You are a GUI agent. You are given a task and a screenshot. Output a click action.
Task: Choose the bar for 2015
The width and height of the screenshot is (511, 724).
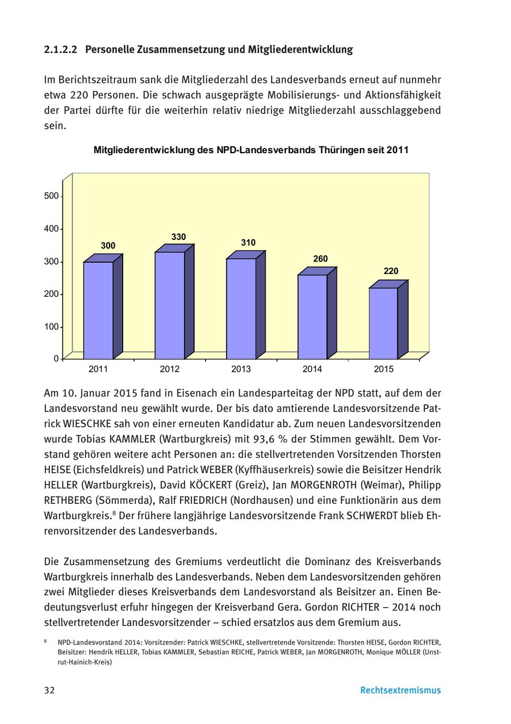383,323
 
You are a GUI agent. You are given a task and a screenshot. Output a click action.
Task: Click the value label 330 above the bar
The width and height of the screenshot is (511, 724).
178,237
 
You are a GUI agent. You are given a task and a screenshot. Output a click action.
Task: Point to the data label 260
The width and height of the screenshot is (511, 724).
320,259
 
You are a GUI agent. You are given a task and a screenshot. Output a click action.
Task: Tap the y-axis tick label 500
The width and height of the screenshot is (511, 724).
51,196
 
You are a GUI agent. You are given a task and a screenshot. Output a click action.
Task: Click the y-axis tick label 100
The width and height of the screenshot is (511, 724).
51,327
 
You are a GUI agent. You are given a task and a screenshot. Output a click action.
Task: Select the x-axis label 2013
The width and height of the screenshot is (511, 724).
241,369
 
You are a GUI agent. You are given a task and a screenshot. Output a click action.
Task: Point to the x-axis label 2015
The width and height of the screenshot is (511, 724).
383,369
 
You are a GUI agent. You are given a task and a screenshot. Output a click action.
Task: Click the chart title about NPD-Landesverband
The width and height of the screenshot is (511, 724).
251,150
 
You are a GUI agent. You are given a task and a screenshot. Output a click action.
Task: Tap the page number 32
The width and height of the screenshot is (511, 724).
49,691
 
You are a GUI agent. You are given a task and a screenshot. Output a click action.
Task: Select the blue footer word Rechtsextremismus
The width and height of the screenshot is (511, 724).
400,691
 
